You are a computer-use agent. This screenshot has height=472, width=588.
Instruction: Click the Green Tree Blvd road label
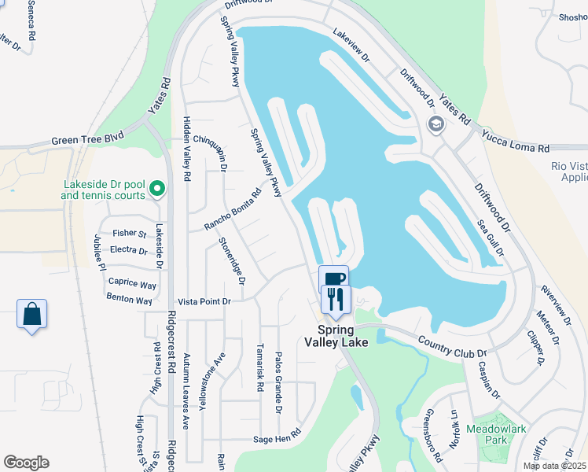(88, 140)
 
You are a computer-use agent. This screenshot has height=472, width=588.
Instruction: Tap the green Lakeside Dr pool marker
(157, 188)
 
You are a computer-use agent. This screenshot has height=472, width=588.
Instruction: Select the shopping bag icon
(31, 314)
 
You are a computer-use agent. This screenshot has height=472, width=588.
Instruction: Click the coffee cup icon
(333, 278)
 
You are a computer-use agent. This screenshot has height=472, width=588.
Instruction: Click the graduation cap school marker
(435, 124)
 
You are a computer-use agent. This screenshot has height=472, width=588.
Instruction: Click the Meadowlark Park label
(496, 435)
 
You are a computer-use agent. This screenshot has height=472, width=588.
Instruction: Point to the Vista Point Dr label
(204, 301)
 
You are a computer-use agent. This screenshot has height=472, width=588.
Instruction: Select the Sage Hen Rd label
(277, 439)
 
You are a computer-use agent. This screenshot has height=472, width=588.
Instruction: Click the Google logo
(26, 463)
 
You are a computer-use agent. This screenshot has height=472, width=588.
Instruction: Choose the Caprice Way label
(132, 283)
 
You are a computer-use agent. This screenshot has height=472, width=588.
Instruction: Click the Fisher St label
(130, 234)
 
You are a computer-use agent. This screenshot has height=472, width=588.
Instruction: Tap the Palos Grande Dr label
(278, 383)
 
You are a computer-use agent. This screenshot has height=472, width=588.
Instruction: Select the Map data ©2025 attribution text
(554, 466)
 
